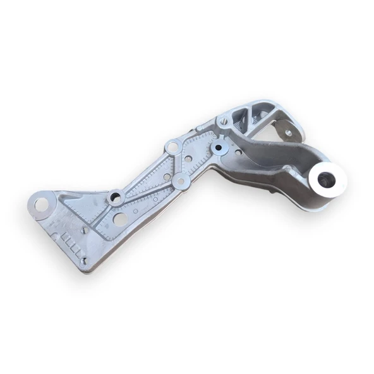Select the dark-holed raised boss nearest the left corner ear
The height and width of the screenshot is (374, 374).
(115, 197)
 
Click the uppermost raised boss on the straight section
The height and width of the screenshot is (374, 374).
(172, 148)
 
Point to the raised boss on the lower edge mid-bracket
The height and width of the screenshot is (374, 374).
(181, 181)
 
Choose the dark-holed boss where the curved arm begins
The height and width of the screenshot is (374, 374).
(219, 148)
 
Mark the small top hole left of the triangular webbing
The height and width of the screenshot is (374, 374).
(224, 121)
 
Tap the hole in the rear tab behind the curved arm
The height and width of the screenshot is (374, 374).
(288, 133)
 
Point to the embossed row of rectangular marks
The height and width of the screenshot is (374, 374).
(70, 243)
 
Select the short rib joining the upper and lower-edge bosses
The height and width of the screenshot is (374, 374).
(177, 165)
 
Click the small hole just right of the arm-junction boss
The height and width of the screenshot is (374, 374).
(238, 152)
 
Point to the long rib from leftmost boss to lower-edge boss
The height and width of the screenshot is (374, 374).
(148, 189)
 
